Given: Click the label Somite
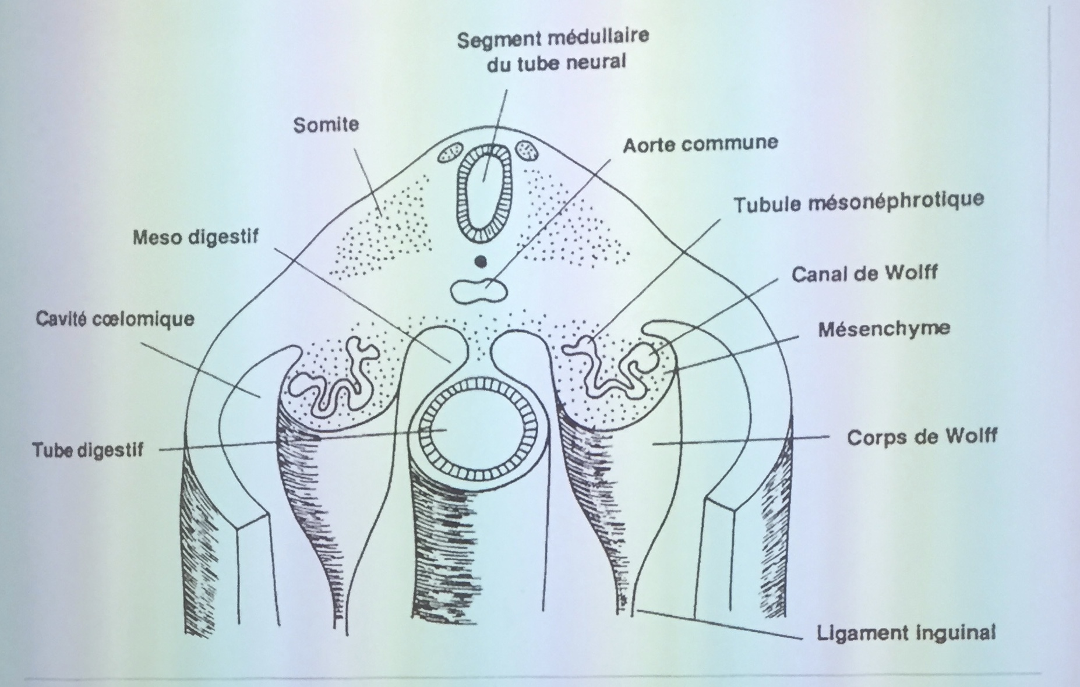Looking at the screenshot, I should (x=326, y=125).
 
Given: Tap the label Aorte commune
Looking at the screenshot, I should (x=700, y=144).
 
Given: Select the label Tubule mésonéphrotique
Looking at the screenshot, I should (x=858, y=203).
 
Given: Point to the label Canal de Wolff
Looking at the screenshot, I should (x=864, y=273).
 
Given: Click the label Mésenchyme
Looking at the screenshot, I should (x=884, y=329).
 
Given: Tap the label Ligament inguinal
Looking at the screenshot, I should (x=906, y=633).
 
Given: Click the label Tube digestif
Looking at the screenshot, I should (x=88, y=450).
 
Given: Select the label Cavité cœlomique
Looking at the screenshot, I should (x=115, y=319).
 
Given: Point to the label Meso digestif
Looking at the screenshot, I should (x=195, y=238).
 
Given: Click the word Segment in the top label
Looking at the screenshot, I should (x=490, y=40).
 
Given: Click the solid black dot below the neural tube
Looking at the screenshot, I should (x=481, y=262).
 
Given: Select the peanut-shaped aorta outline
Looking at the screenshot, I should (x=479, y=290).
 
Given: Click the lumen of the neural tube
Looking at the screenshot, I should (x=484, y=195).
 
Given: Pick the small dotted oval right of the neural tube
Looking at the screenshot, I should (x=527, y=151).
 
